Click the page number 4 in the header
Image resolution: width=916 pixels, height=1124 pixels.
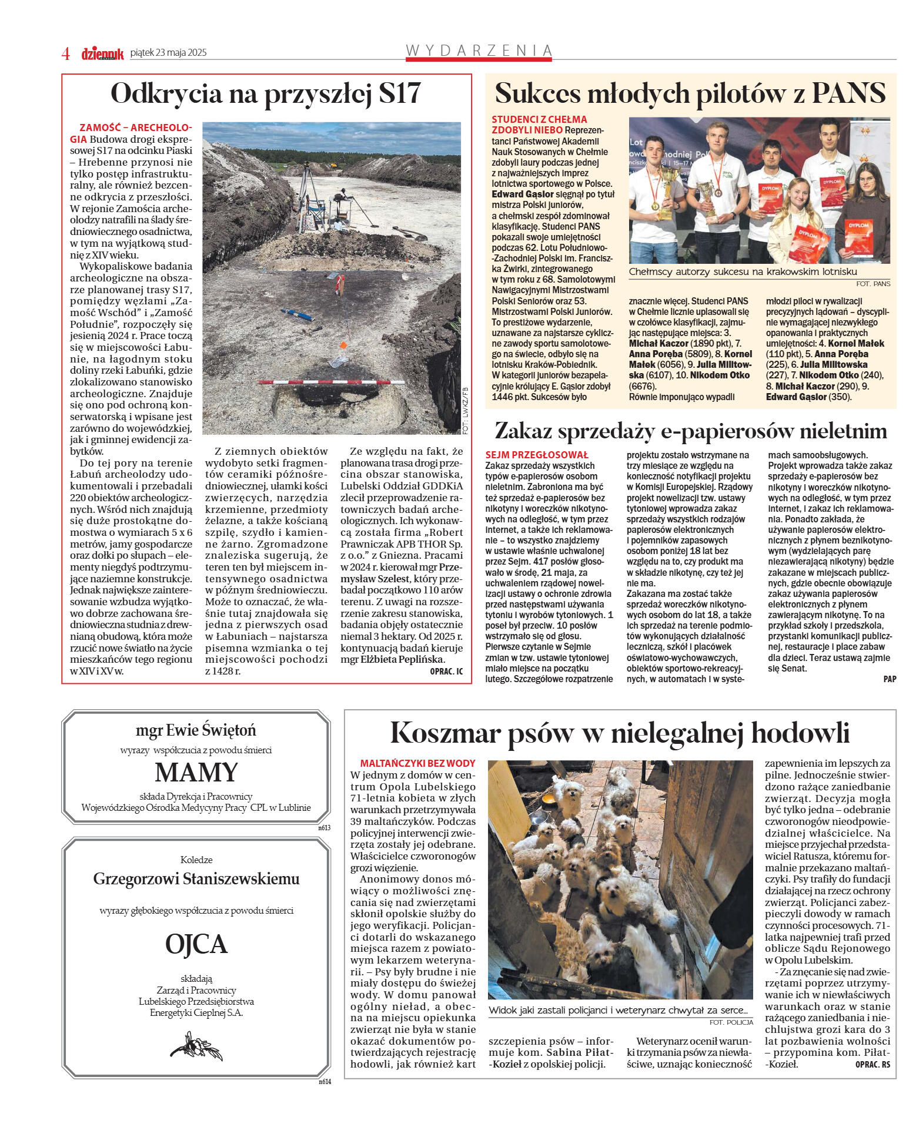click(66, 53)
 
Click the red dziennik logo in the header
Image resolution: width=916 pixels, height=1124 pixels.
click(102, 54)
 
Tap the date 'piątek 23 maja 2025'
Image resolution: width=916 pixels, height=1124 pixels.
click(168, 53)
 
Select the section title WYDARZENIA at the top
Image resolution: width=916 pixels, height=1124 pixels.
click(479, 51)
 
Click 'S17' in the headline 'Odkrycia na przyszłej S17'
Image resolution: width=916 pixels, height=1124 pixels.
click(400, 93)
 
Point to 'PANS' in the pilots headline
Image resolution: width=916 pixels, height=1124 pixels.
click(848, 93)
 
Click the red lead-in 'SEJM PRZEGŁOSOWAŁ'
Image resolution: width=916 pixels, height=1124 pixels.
click(537, 455)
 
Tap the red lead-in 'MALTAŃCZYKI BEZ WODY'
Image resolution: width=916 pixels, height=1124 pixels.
click(417, 763)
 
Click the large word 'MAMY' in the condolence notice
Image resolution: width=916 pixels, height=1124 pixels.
click(196, 772)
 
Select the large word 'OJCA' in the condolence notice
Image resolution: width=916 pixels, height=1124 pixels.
click(196, 944)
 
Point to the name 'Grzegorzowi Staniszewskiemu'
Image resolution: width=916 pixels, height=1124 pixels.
click(196, 879)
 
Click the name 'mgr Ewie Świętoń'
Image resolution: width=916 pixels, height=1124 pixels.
click(196, 730)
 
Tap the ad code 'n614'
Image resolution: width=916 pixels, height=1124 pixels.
click(325, 1082)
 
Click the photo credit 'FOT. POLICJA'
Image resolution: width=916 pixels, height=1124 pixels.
click(731, 1022)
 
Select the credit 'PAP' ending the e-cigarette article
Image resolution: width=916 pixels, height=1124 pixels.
click(890, 679)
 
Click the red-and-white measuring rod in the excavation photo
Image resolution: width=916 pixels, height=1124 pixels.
click(329, 383)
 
